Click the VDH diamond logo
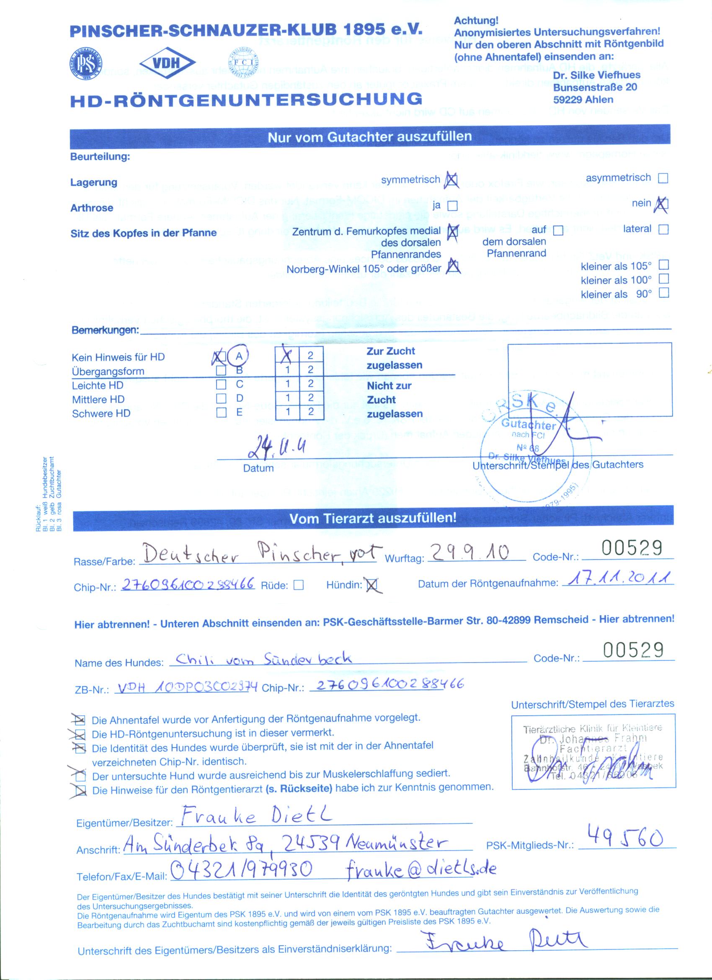168,63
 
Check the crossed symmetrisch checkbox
451,179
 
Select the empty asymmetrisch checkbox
662,178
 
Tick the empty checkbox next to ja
452,206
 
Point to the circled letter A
239,356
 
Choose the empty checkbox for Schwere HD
221,412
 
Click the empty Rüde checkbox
298,585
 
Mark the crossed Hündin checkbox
371,585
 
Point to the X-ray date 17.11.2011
618,578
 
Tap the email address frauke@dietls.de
422,869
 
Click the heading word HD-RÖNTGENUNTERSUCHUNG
246,99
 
